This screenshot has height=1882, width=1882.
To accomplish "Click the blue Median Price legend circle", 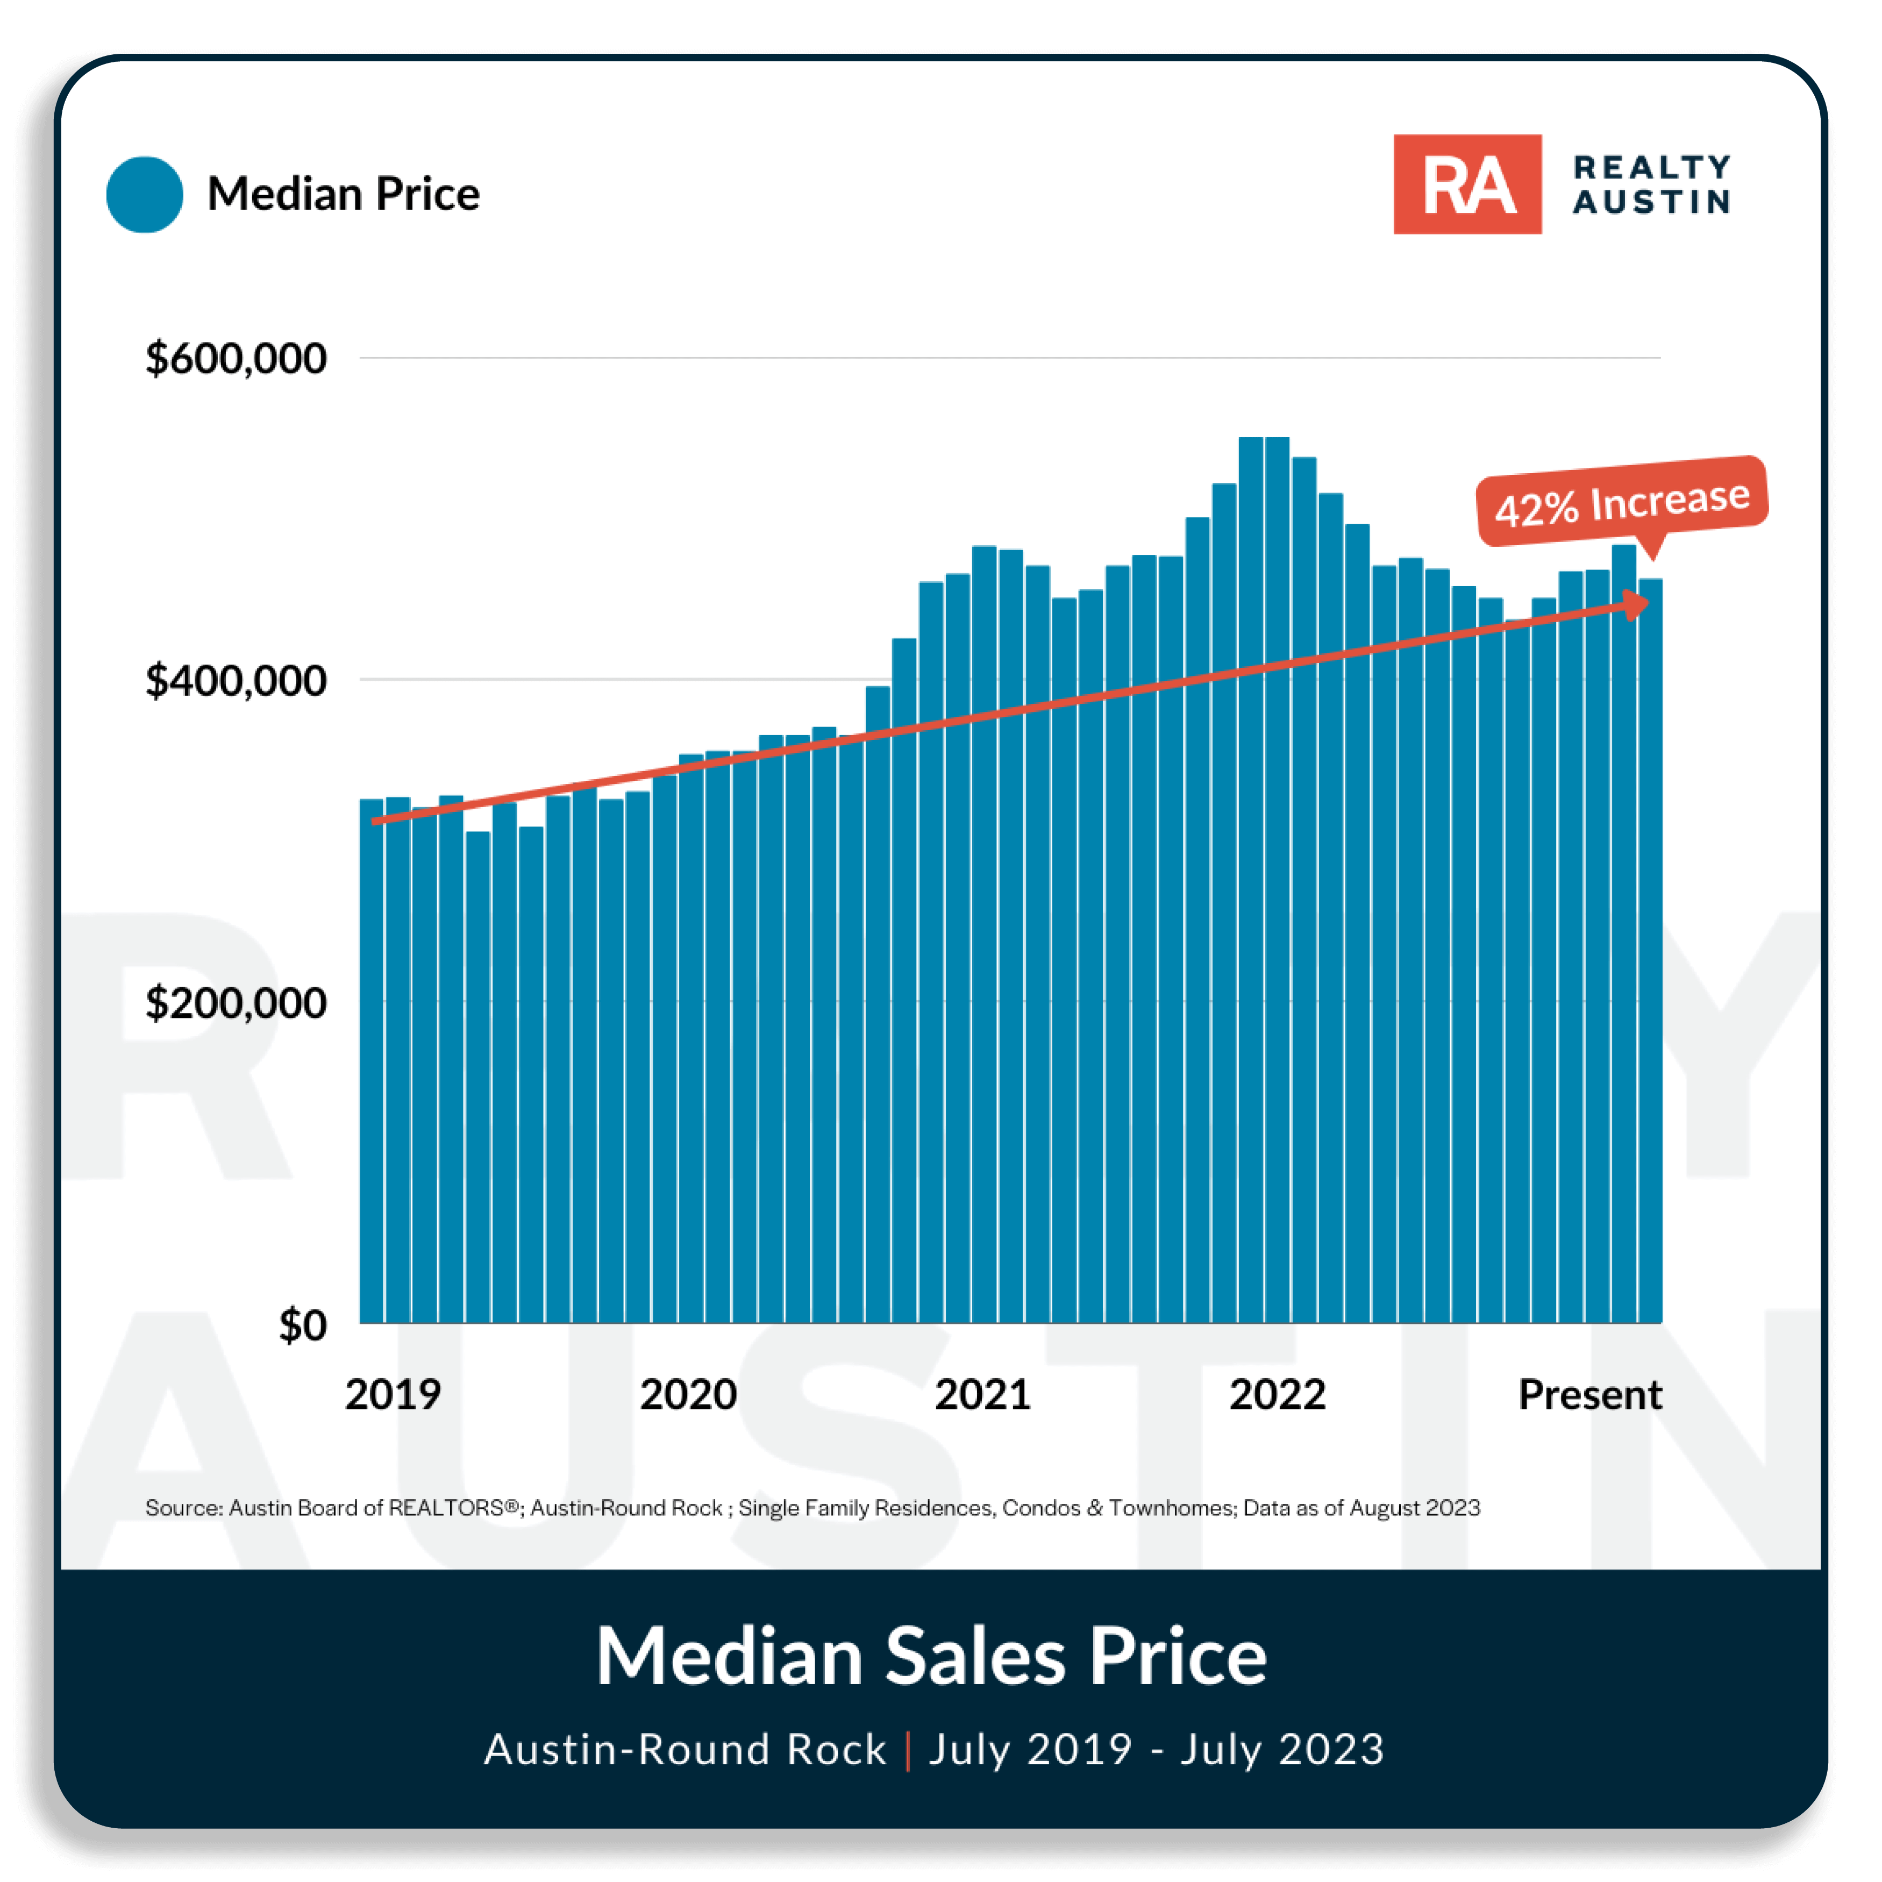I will point(144,194).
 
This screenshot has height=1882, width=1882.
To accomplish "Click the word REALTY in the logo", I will point(1651,168).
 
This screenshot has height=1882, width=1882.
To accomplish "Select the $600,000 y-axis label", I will point(236,359).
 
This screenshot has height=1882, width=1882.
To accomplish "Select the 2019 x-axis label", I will point(393,1394).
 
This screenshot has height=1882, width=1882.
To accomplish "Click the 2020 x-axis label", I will point(688,1394).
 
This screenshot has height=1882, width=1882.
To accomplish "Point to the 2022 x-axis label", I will point(1277,1394).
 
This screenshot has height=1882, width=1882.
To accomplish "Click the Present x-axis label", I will point(1590,1394).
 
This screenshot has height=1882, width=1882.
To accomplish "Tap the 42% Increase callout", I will point(1622,502).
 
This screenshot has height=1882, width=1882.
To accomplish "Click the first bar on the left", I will point(371,1062).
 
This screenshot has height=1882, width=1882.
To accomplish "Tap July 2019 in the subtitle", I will point(1030,1750).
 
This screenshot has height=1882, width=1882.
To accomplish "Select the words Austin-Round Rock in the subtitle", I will point(685,1750).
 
